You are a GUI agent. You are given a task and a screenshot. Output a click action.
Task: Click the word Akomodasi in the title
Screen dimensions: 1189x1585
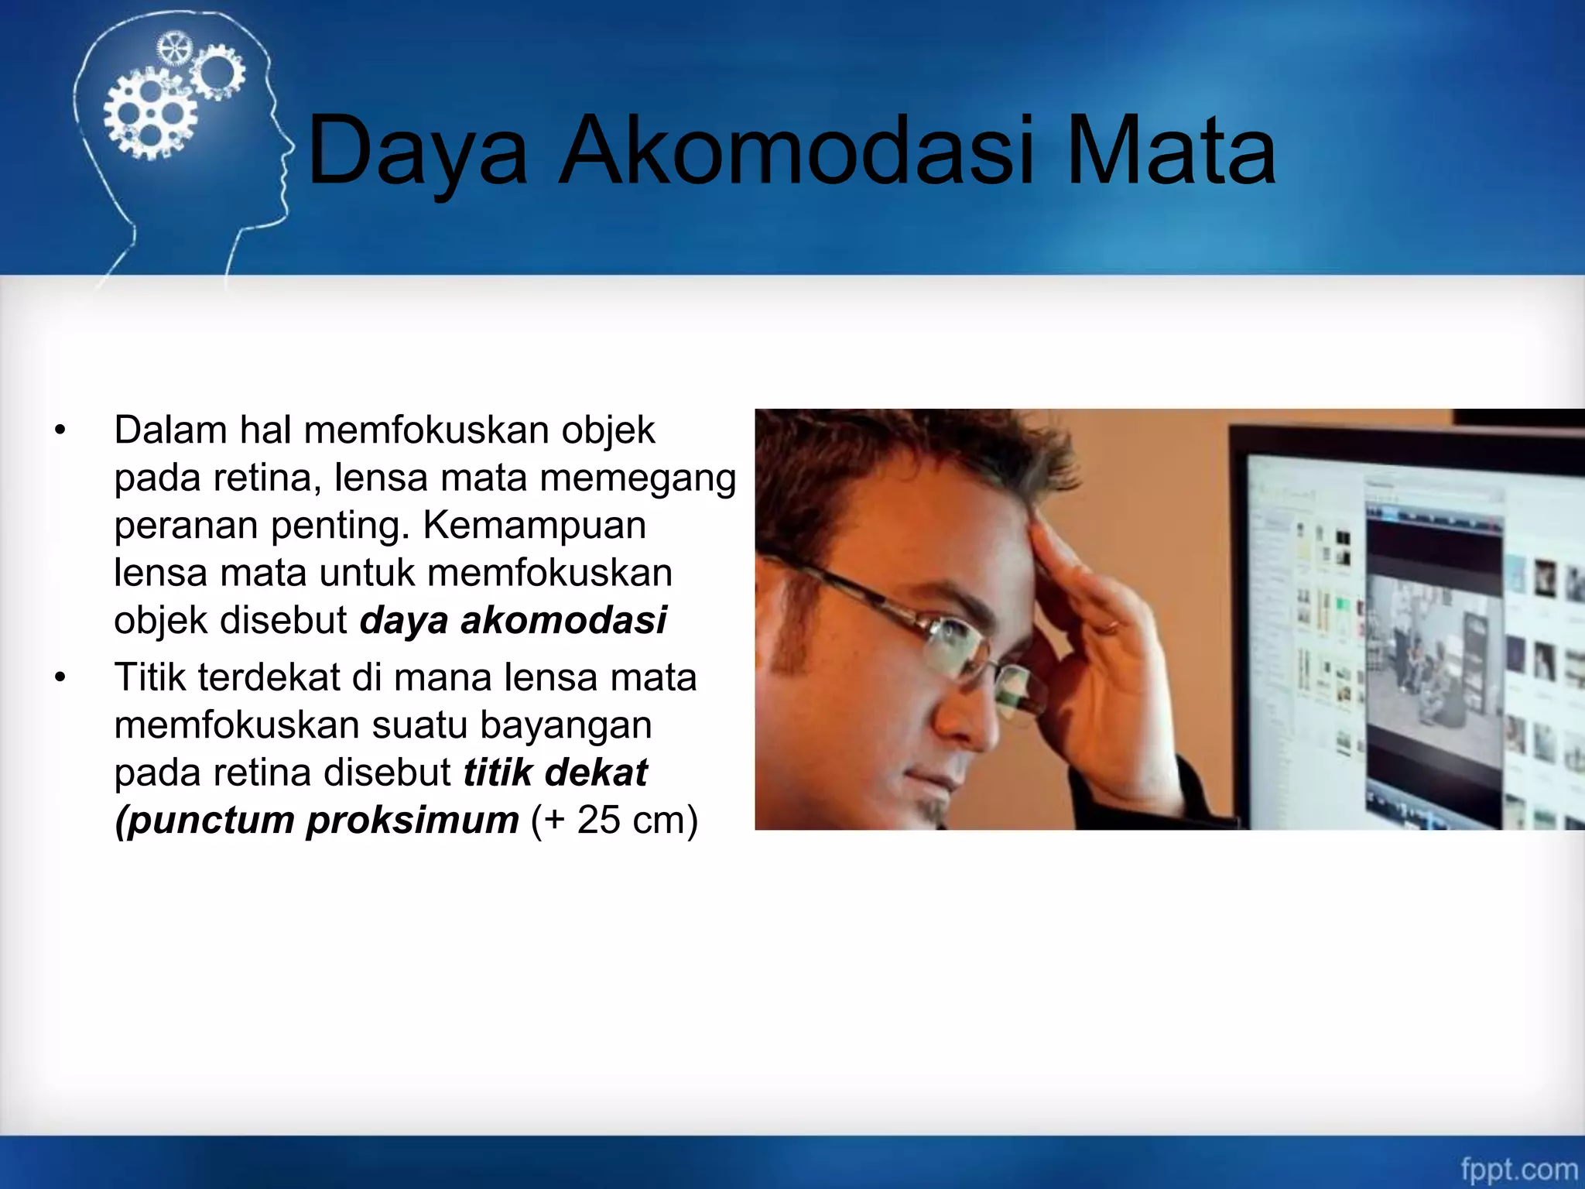[x=797, y=151]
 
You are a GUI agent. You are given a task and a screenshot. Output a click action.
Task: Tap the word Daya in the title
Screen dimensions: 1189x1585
[x=418, y=151]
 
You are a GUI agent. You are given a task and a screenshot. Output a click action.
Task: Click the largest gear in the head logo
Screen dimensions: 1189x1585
[x=150, y=115]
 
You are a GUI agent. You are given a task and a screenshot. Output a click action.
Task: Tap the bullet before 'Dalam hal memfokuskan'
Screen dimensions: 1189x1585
[x=61, y=430]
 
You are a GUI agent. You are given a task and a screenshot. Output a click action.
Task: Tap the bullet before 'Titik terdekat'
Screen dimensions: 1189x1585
[x=61, y=678]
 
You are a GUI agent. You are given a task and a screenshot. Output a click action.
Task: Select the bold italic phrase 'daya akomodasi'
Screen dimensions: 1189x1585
[x=512, y=620]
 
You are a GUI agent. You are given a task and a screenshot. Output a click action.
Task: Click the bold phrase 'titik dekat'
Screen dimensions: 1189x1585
[x=555, y=773]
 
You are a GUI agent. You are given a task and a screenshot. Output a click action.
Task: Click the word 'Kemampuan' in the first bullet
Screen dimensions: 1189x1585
[x=534, y=526]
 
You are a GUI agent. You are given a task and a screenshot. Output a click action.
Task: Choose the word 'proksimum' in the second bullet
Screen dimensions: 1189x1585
[x=412, y=820]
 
